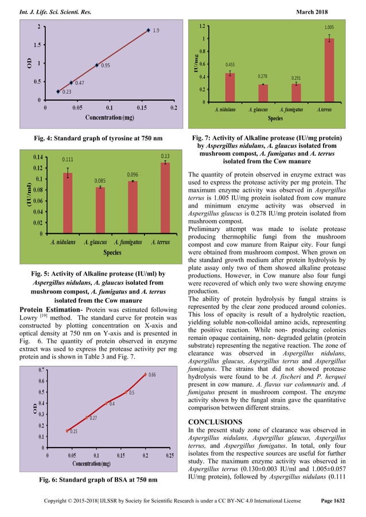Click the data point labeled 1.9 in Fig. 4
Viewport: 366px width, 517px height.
(x=148, y=30)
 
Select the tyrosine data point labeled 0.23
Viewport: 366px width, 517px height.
(x=58, y=91)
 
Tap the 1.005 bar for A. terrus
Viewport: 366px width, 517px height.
(x=329, y=70)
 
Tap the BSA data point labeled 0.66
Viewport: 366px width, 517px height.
(x=145, y=375)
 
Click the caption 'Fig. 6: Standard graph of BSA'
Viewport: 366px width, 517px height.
(x=96, y=478)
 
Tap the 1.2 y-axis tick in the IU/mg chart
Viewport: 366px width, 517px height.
(x=203, y=26)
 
